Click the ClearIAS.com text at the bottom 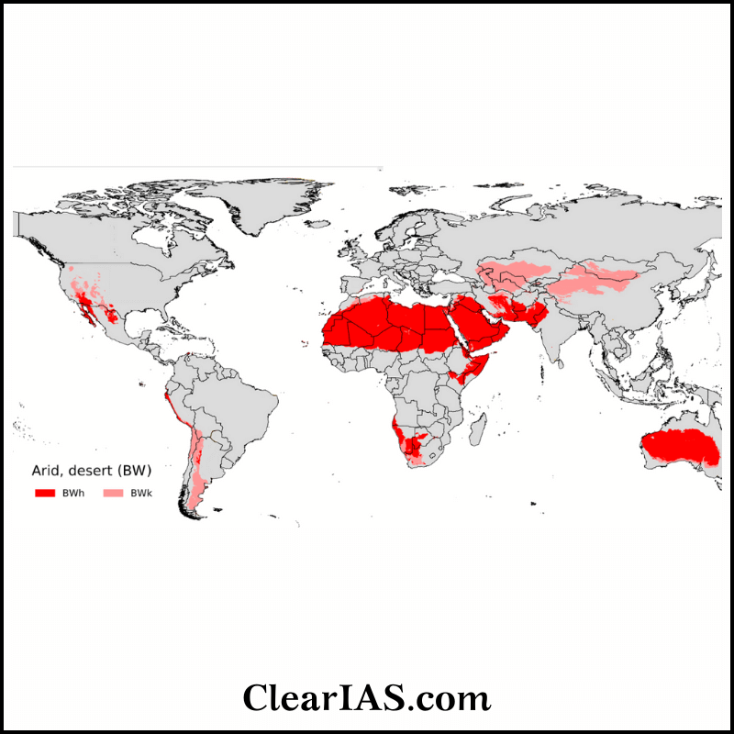pyautogui.click(x=367, y=697)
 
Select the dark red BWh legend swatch pyautogui.click(x=46, y=494)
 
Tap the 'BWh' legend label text pyautogui.click(x=72, y=494)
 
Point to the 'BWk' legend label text pyautogui.click(x=140, y=494)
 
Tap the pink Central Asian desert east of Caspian pyautogui.click(x=514, y=272)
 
